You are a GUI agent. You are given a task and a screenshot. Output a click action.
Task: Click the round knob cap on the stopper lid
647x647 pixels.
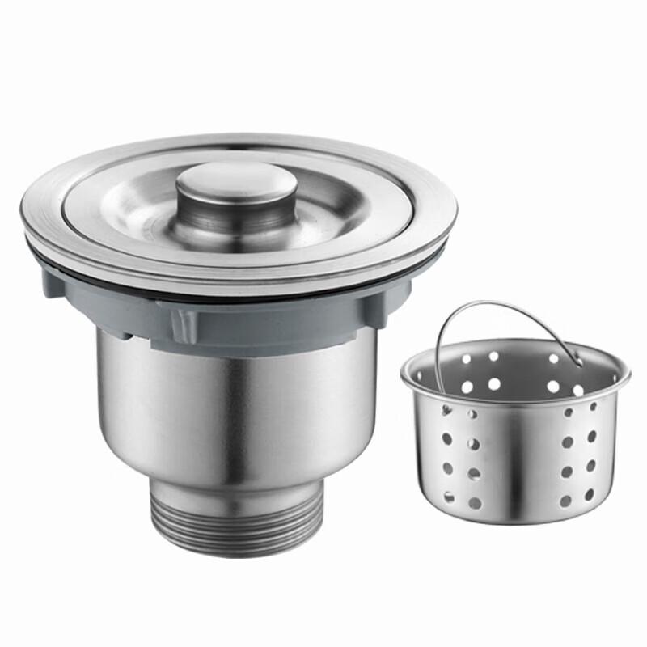coord(232,184)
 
